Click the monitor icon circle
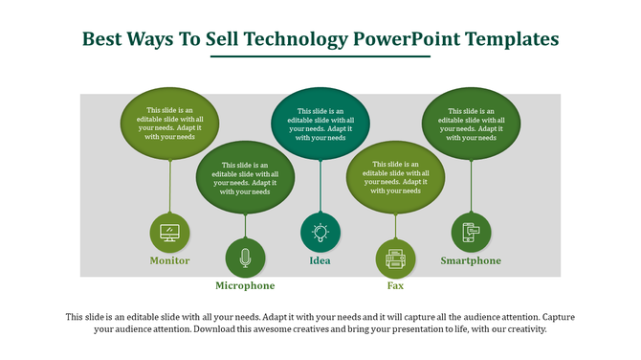click(169, 233)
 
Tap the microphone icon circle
click(245, 258)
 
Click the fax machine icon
click(395, 258)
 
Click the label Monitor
click(169, 261)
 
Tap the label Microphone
click(245, 286)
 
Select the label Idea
click(320, 261)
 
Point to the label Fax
click(394, 286)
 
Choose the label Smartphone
click(470, 261)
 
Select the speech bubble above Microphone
click(245, 177)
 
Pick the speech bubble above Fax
click(395, 177)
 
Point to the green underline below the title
click(320, 56)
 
